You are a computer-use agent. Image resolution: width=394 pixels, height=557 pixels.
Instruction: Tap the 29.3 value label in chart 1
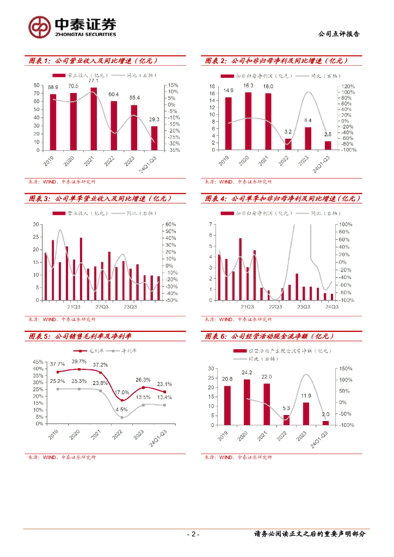[154, 120]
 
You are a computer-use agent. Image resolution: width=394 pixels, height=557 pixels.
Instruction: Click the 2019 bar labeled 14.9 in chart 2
[229, 123]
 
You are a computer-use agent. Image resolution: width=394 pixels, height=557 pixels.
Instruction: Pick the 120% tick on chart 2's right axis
[348, 86]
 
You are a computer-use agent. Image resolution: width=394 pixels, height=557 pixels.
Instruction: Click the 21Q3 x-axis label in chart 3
[73, 307]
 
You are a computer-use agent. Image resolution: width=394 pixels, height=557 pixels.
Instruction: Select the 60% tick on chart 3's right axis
[170, 224]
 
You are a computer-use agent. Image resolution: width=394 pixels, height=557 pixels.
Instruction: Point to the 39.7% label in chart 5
[79, 362]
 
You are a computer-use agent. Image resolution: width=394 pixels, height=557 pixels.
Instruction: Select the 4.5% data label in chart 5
[122, 410]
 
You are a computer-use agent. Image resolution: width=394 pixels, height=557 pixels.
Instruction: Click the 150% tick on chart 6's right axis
[347, 368]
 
